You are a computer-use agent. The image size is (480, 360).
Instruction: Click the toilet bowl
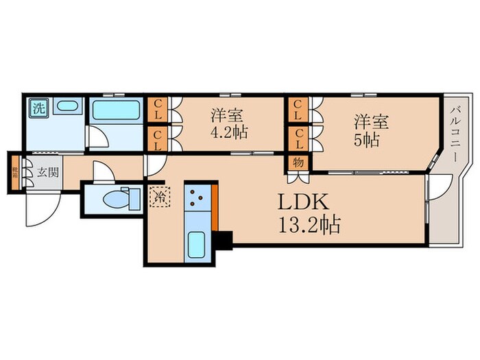pyautogui.click(x=112, y=199)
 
